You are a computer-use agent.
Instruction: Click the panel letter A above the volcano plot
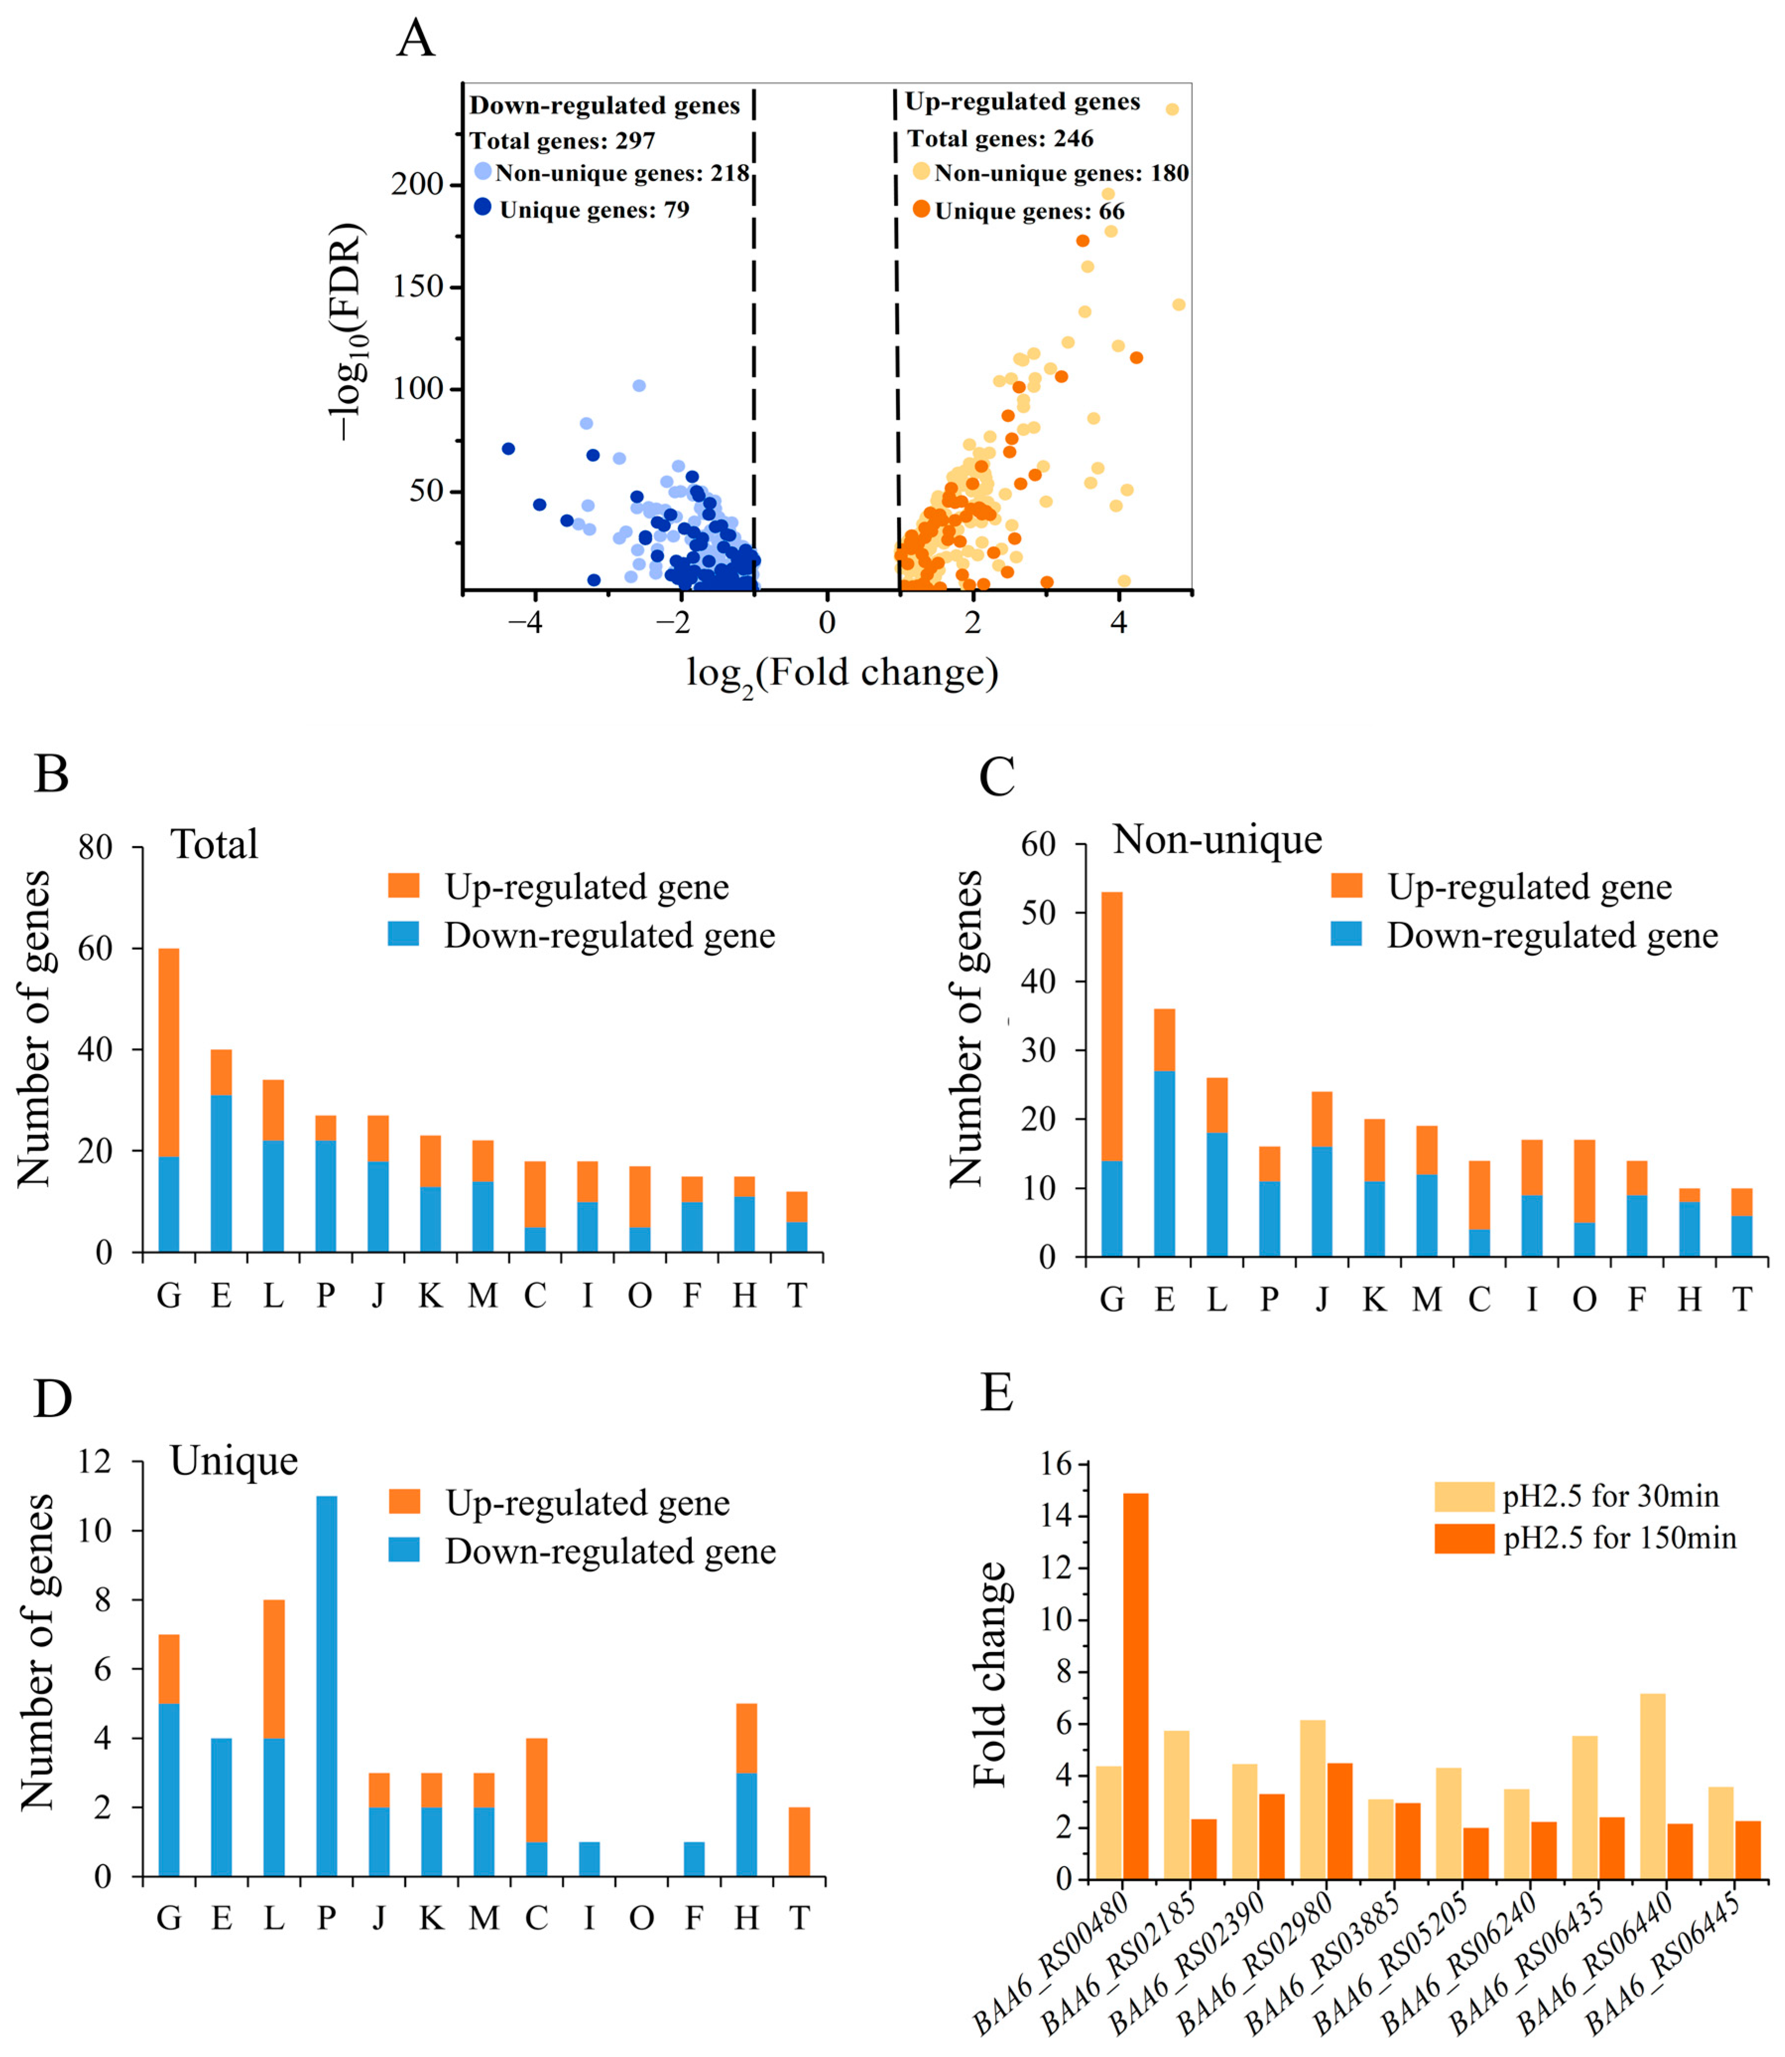point(416,40)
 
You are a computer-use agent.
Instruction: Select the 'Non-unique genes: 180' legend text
point(1061,173)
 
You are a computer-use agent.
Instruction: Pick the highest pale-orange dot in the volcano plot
point(1173,110)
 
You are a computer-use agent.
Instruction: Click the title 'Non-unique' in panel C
point(1217,839)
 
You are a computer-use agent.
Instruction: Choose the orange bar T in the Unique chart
point(799,1842)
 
